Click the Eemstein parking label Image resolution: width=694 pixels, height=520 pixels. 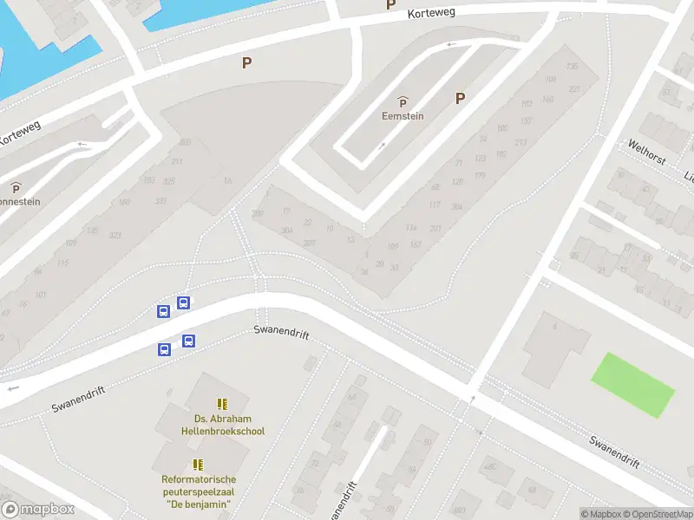(403, 116)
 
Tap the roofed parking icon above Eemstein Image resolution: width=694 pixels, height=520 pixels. (403, 101)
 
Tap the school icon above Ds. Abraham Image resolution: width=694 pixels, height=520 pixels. (222, 404)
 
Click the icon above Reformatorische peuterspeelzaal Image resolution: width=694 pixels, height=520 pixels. (199, 465)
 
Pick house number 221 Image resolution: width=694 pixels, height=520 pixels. (573, 89)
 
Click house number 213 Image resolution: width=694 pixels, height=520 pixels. (521, 143)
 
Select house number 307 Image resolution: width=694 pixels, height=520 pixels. (310, 243)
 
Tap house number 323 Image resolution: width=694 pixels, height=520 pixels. (115, 236)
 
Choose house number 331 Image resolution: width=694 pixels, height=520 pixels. (160, 201)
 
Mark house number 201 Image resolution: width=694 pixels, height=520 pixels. (435, 229)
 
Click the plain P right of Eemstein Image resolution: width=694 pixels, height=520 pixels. (460, 99)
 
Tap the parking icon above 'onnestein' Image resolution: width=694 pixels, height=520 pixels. (16, 187)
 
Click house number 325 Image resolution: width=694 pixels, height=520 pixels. (168, 181)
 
